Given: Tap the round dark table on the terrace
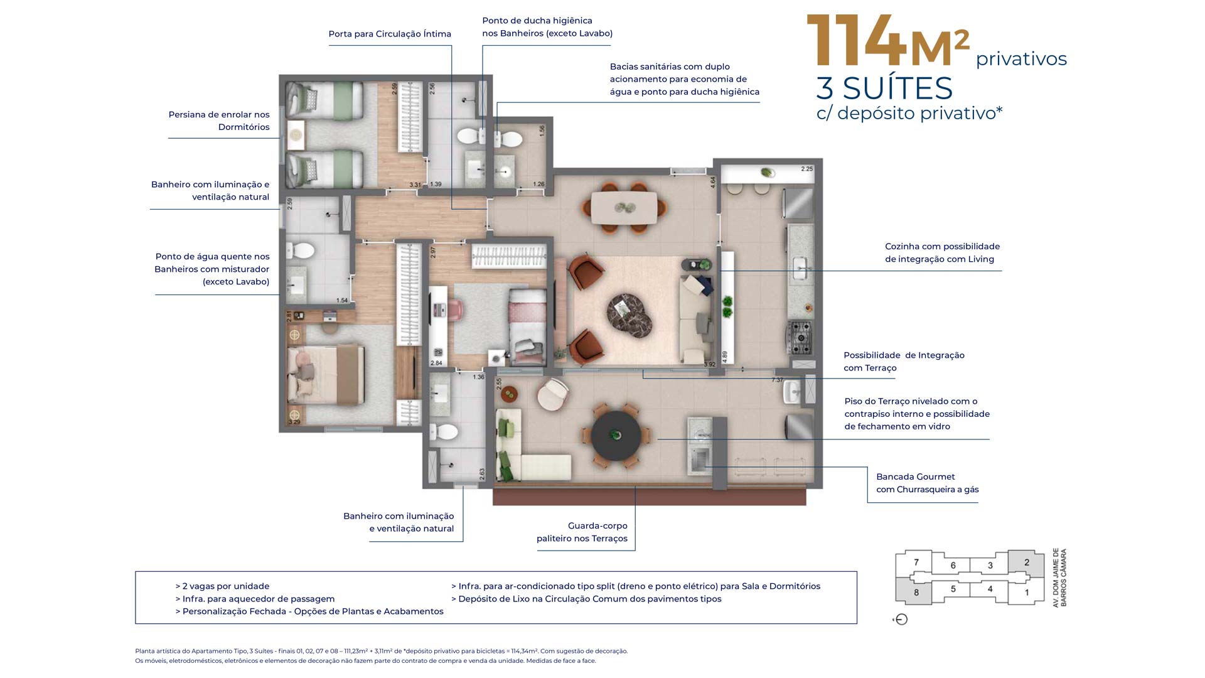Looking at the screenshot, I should (x=616, y=435).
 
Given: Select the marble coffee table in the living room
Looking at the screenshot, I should (x=629, y=312).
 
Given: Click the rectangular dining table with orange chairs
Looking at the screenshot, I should (x=624, y=208).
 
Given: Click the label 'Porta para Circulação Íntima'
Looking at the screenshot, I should (x=390, y=34).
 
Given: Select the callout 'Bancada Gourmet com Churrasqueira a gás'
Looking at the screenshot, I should (x=927, y=483).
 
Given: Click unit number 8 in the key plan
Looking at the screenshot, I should (x=916, y=592).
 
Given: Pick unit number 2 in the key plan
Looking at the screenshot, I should (x=1027, y=562).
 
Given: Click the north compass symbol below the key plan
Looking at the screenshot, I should (x=901, y=620).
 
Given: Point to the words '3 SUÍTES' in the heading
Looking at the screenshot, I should (x=884, y=88).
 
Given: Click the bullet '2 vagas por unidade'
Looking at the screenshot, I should (x=222, y=586).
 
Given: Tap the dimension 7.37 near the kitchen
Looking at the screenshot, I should (x=777, y=380).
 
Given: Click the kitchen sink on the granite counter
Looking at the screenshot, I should (x=800, y=269).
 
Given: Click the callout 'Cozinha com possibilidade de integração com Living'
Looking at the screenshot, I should (x=942, y=252).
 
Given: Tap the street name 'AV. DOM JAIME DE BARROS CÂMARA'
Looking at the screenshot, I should (x=1059, y=578).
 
